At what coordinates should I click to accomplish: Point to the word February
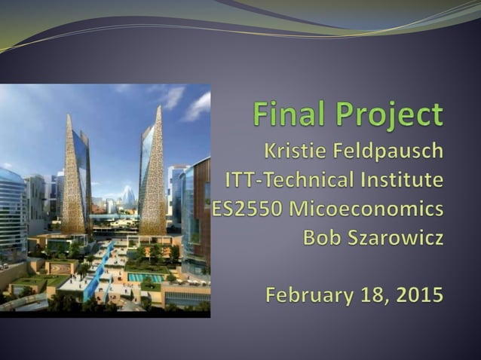305,294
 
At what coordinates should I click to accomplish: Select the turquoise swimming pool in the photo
146,277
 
